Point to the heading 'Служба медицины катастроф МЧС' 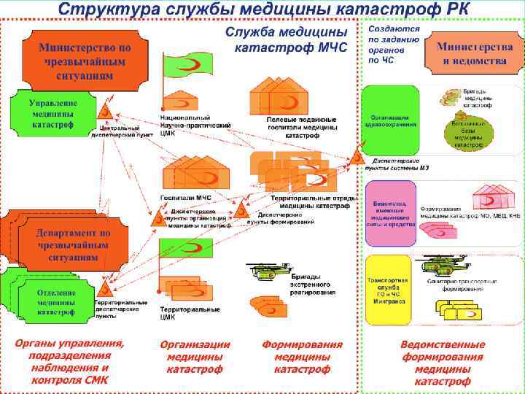point(290,41)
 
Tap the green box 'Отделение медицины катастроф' point(56,301)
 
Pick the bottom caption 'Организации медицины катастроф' point(195,357)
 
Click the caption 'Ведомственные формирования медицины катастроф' point(443,363)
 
